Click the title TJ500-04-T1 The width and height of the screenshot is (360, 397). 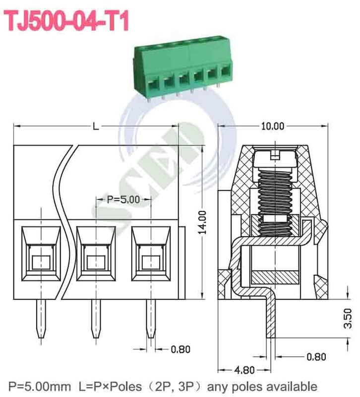(67, 21)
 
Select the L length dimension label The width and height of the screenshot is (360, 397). (95, 127)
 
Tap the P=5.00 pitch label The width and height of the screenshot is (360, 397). (123, 199)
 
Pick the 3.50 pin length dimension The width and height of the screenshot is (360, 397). (348, 318)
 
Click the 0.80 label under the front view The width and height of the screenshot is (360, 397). (180, 349)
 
